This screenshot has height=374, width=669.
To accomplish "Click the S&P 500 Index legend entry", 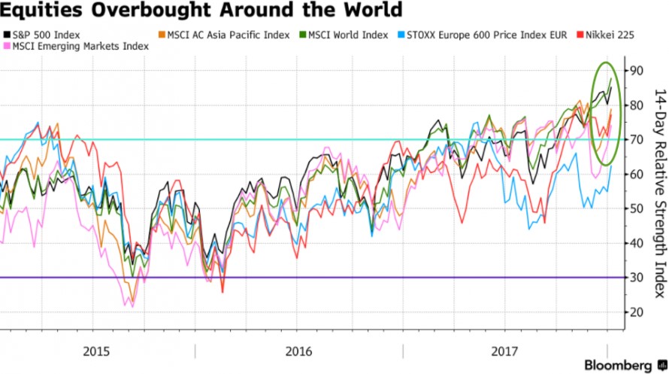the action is [x=42, y=35].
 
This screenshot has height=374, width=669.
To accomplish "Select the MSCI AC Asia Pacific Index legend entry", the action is [x=224, y=35].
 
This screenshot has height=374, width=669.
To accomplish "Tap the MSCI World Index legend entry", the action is [x=344, y=35].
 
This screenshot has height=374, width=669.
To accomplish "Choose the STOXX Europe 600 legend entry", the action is [x=483, y=35].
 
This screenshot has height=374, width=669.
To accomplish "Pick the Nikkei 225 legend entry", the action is [x=605, y=35].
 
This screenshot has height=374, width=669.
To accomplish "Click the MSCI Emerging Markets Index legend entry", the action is [x=77, y=46].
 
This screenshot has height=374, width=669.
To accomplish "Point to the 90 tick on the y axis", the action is [x=636, y=71].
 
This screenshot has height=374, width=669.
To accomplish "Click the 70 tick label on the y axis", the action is [x=636, y=140].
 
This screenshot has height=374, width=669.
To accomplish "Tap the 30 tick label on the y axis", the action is [x=636, y=278].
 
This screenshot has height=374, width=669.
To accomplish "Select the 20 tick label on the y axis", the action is [x=636, y=312].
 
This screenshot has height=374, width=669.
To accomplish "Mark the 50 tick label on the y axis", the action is [x=636, y=208].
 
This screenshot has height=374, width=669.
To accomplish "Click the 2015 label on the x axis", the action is [x=96, y=351].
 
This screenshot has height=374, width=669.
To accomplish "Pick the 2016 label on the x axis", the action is [x=298, y=351].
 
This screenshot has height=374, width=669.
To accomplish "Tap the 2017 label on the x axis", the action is [x=504, y=351].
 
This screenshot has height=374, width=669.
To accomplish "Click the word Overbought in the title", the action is [x=151, y=9].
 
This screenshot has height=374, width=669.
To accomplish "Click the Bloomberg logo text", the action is [x=618, y=366].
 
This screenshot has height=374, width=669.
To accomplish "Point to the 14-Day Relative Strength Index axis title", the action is [x=660, y=193].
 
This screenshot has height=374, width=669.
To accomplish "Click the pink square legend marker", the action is [x=7, y=46].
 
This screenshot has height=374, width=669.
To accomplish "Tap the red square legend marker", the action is [x=580, y=35].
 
